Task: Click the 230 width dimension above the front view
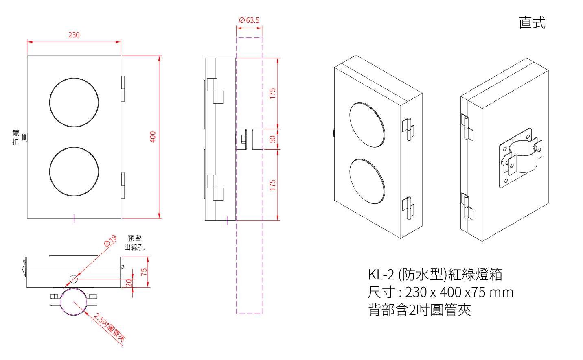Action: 74,35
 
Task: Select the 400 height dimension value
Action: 153,137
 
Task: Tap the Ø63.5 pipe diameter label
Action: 249,20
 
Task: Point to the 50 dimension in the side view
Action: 272,139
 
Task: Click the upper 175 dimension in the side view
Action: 272,93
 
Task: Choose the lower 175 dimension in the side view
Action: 272,185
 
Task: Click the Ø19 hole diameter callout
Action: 110,241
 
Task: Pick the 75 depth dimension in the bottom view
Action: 144,272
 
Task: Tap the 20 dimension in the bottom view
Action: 129,283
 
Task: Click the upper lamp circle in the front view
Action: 74,103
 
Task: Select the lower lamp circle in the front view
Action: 74,172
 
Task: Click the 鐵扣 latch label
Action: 15,137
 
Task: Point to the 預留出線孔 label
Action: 134,243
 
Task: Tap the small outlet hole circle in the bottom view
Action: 74,279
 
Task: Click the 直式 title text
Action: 532,23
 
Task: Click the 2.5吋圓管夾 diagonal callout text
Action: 110,327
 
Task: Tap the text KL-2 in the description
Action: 381,275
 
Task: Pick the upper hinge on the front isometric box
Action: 408,129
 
